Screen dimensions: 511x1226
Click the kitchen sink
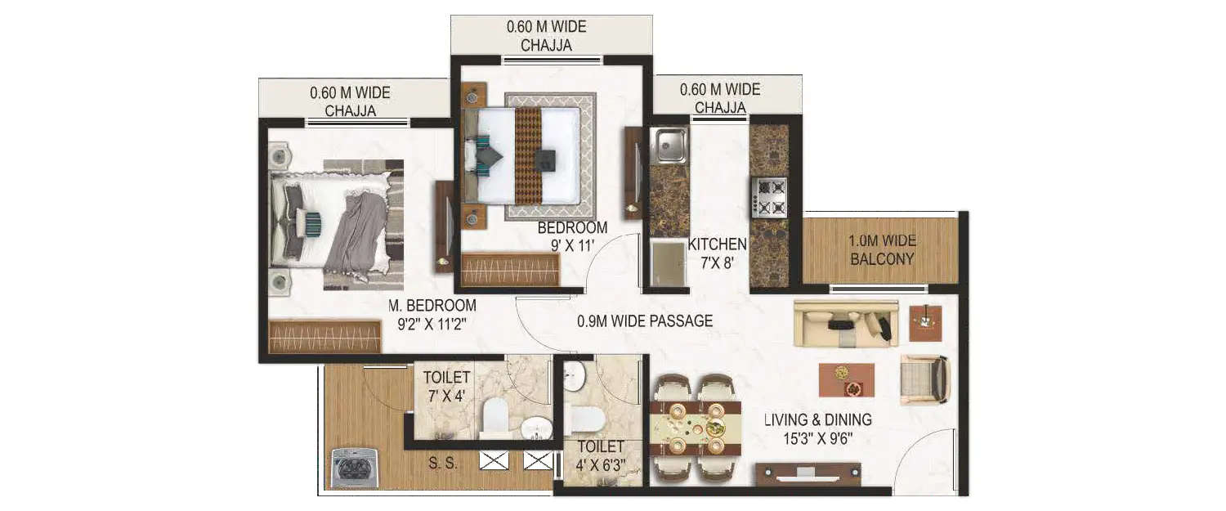669,145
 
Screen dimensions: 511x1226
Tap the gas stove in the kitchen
769,197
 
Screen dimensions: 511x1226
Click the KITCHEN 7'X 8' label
717,253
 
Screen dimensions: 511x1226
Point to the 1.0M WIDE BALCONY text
882,250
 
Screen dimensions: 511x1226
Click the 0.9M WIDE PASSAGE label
644,321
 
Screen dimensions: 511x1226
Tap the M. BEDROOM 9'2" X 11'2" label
432,314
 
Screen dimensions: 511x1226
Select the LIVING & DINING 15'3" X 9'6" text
817,428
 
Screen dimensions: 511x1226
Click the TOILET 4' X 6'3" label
601,456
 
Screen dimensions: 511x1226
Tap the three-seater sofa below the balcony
845,323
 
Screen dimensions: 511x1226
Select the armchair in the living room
924,379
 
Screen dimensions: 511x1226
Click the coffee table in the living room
846,379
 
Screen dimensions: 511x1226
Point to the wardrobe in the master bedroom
324,335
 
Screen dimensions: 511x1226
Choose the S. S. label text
442,463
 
